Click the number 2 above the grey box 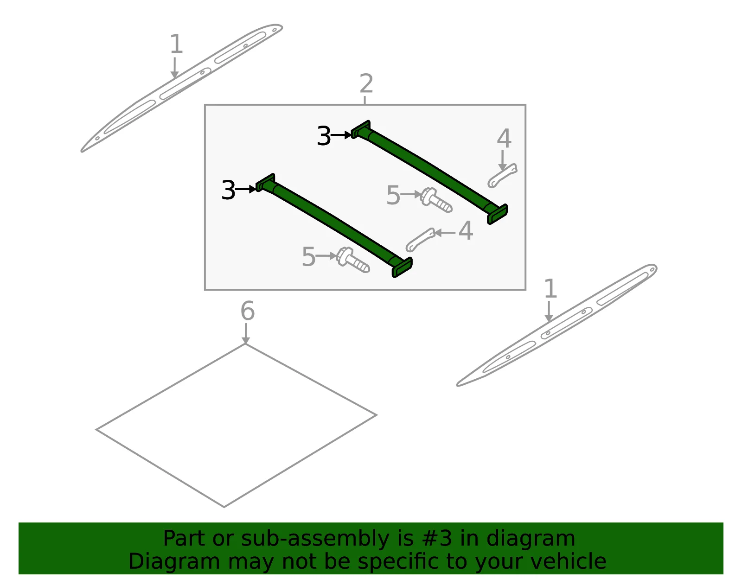(366, 83)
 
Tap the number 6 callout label (248, 311)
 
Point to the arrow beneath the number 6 (245, 334)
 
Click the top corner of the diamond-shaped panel (245, 344)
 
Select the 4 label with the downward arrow (504, 139)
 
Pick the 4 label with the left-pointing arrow (466, 231)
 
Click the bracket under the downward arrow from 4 (502, 175)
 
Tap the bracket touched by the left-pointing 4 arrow (420, 240)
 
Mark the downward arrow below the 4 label (502, 160)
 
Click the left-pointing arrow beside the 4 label (445, 233)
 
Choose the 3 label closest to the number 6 (228, 190)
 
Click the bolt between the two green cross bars (436, 200)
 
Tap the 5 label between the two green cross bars (393, 195)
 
